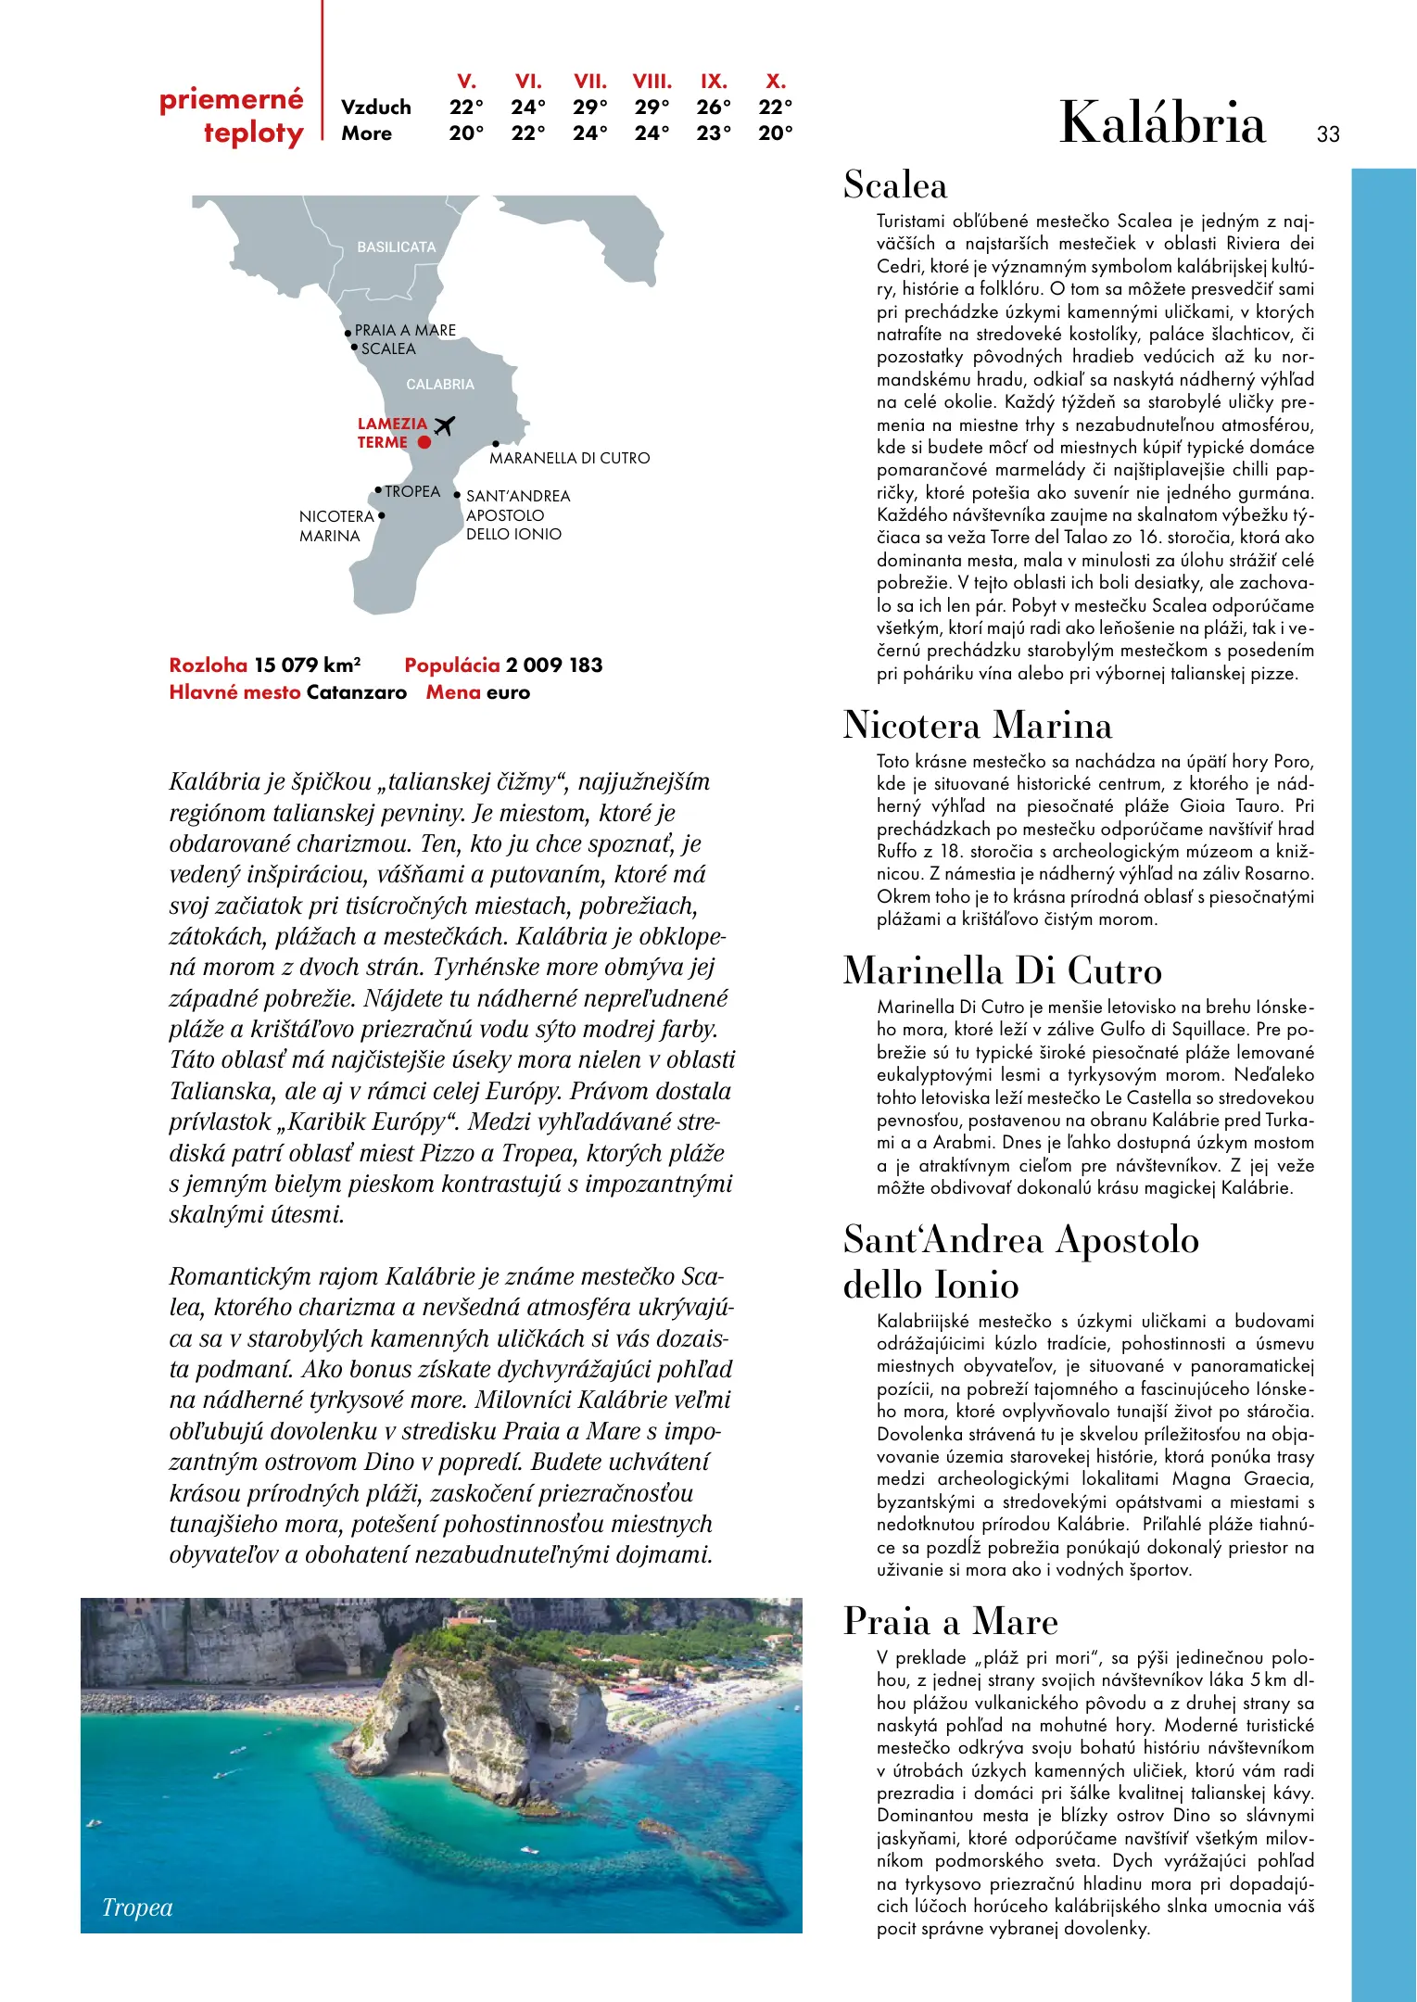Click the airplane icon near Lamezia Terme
tap(445, 425)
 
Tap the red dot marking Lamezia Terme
tap(424, 443)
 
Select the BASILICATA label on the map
tap(396, 247)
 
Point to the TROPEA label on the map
tap(412, 491)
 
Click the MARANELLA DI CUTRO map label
tap(569, 458)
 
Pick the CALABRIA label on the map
tap(439, 384)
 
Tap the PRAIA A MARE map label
tap(405, 330)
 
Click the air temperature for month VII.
tap(589, 108)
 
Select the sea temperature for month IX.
tap(714, 133)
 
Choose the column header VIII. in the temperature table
tap(652, 82)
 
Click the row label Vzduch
tap(375, 108)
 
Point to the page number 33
tap(1328, 134)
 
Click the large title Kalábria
tap(1162, 123)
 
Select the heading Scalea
tap(895, 185)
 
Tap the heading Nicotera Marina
tap(977, 725)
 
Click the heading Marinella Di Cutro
tap(1002, 970)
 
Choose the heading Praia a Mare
tap(950, 1621)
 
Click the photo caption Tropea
tap(137, 1907)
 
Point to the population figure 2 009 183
tap(553, 665)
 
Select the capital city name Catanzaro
tap(357, 692)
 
